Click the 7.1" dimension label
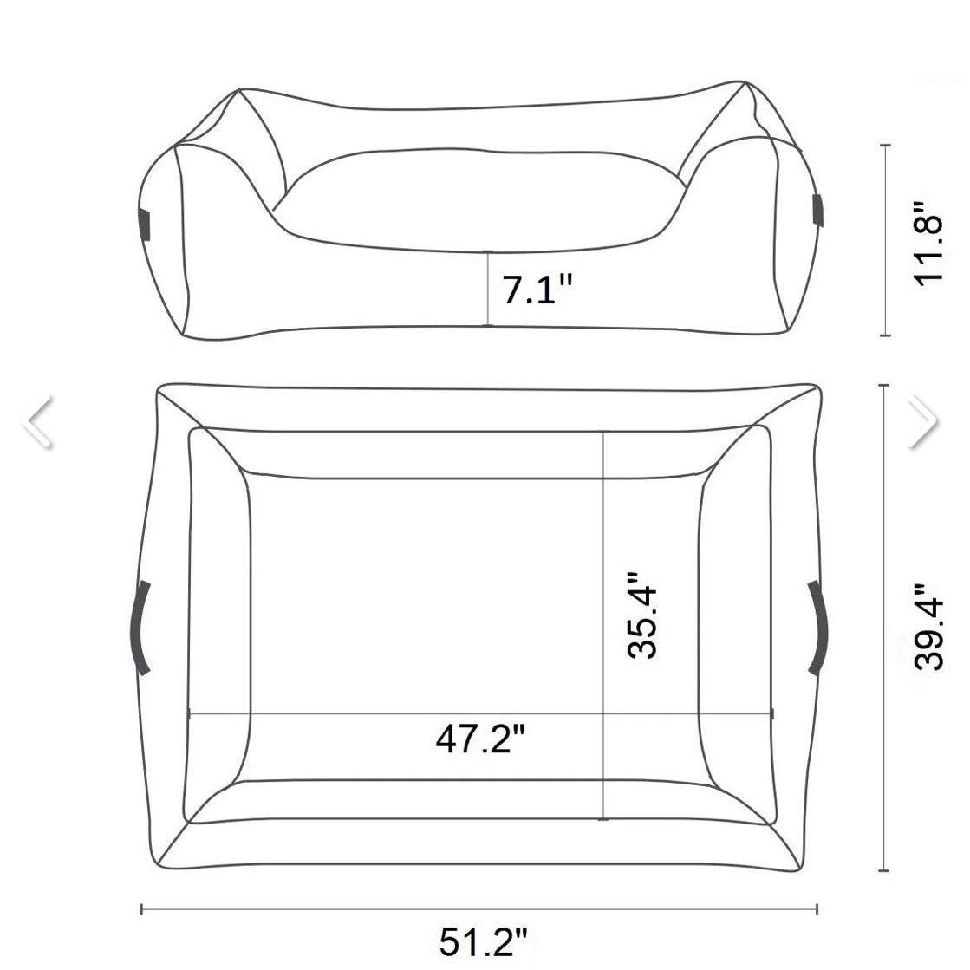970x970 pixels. click(x=537, y=290)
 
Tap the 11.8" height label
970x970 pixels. click(x=928, y=242)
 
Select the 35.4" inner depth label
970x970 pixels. click(x=641, y=615)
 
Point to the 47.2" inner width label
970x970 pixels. click(x=481, y=738)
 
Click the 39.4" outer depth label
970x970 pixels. click(x=928, y=625)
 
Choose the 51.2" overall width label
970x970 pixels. click(x=484, y=942)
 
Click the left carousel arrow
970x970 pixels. click(x=38, y=420)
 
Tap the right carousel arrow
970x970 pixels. click(x=923, y=420)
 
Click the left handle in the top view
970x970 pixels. click(x=140, y=628)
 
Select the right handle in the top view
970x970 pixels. click(x=818, y=627)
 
